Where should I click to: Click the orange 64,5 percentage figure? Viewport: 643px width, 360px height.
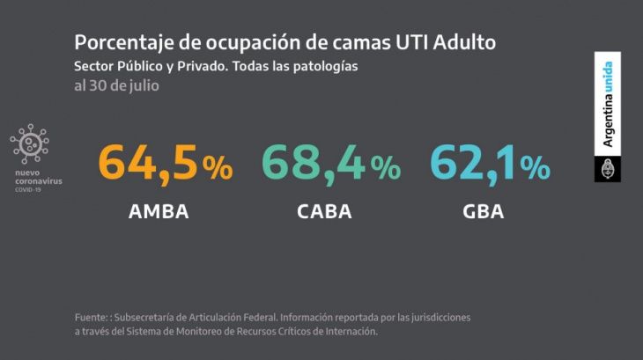(166, 164)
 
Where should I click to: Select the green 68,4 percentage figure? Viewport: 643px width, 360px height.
(331, 164)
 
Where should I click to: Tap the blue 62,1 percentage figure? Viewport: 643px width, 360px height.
(490, 164)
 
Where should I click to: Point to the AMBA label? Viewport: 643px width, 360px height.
(159, 212)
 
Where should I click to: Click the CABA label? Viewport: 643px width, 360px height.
(324, 212)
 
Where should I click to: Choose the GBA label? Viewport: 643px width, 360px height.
(483, 212)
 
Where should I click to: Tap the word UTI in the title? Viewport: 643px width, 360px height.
(411, 42)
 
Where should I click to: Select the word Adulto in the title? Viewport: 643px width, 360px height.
(464, 42)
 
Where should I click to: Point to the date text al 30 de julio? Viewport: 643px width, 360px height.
(117, 86)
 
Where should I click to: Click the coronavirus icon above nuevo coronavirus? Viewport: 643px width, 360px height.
(30, 143)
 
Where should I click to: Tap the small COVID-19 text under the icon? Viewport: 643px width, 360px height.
(28, 190)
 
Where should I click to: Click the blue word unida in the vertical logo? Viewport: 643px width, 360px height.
(608, 77)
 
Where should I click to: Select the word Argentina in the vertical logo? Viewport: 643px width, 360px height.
(608, 121)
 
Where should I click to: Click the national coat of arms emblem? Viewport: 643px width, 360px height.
(608, 169)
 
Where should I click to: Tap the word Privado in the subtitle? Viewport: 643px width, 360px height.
(203, 66)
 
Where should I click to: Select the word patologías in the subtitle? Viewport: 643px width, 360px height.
(326, 67)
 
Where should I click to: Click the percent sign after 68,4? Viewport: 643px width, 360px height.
(386, 167)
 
